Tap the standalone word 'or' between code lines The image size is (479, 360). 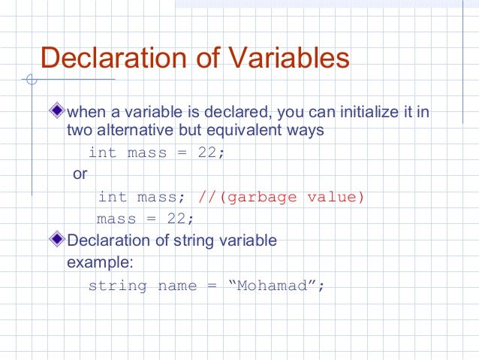79,175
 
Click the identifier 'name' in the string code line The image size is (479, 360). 177,286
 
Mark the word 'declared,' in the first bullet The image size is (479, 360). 238,113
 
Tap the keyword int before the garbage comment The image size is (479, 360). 113,197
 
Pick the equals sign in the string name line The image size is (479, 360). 212,286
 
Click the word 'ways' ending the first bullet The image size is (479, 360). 308,131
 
